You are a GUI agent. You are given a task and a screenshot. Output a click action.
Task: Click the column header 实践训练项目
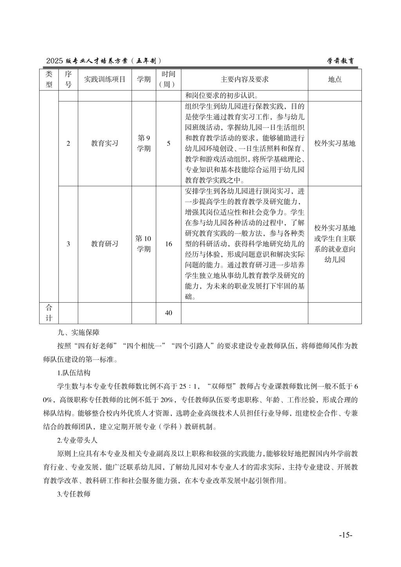[105, 79]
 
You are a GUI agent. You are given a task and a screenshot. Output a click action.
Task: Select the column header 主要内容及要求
[244, 79]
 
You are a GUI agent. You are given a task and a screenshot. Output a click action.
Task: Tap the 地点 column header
[334, 79]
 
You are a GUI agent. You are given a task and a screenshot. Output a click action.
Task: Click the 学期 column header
[143, 79]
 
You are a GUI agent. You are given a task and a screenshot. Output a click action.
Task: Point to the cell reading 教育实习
[105, 143]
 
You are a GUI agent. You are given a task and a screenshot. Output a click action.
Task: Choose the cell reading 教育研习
[105, 244]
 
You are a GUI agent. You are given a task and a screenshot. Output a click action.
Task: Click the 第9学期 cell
[143, 143]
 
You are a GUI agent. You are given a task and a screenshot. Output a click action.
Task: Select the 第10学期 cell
[143, 244]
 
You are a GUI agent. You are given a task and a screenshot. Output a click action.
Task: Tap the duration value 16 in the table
[168, 244]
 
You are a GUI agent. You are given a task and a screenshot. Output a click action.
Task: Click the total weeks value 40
[168, 313]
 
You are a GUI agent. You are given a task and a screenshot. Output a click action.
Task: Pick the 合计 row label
[49, 312]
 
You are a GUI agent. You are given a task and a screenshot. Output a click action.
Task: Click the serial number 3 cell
[68, 244]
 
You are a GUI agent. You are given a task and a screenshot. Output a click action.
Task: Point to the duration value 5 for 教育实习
[168, 143]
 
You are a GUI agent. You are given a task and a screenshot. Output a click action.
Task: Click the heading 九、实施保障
[78, 333]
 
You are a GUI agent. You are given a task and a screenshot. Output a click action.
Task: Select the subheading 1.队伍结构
[74, 373]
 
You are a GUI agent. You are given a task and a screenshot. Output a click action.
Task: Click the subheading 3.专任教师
[74, 494]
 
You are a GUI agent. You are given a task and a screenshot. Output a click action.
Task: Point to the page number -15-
[346, 535]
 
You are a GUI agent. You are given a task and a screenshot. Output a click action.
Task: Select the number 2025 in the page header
[54, 61]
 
